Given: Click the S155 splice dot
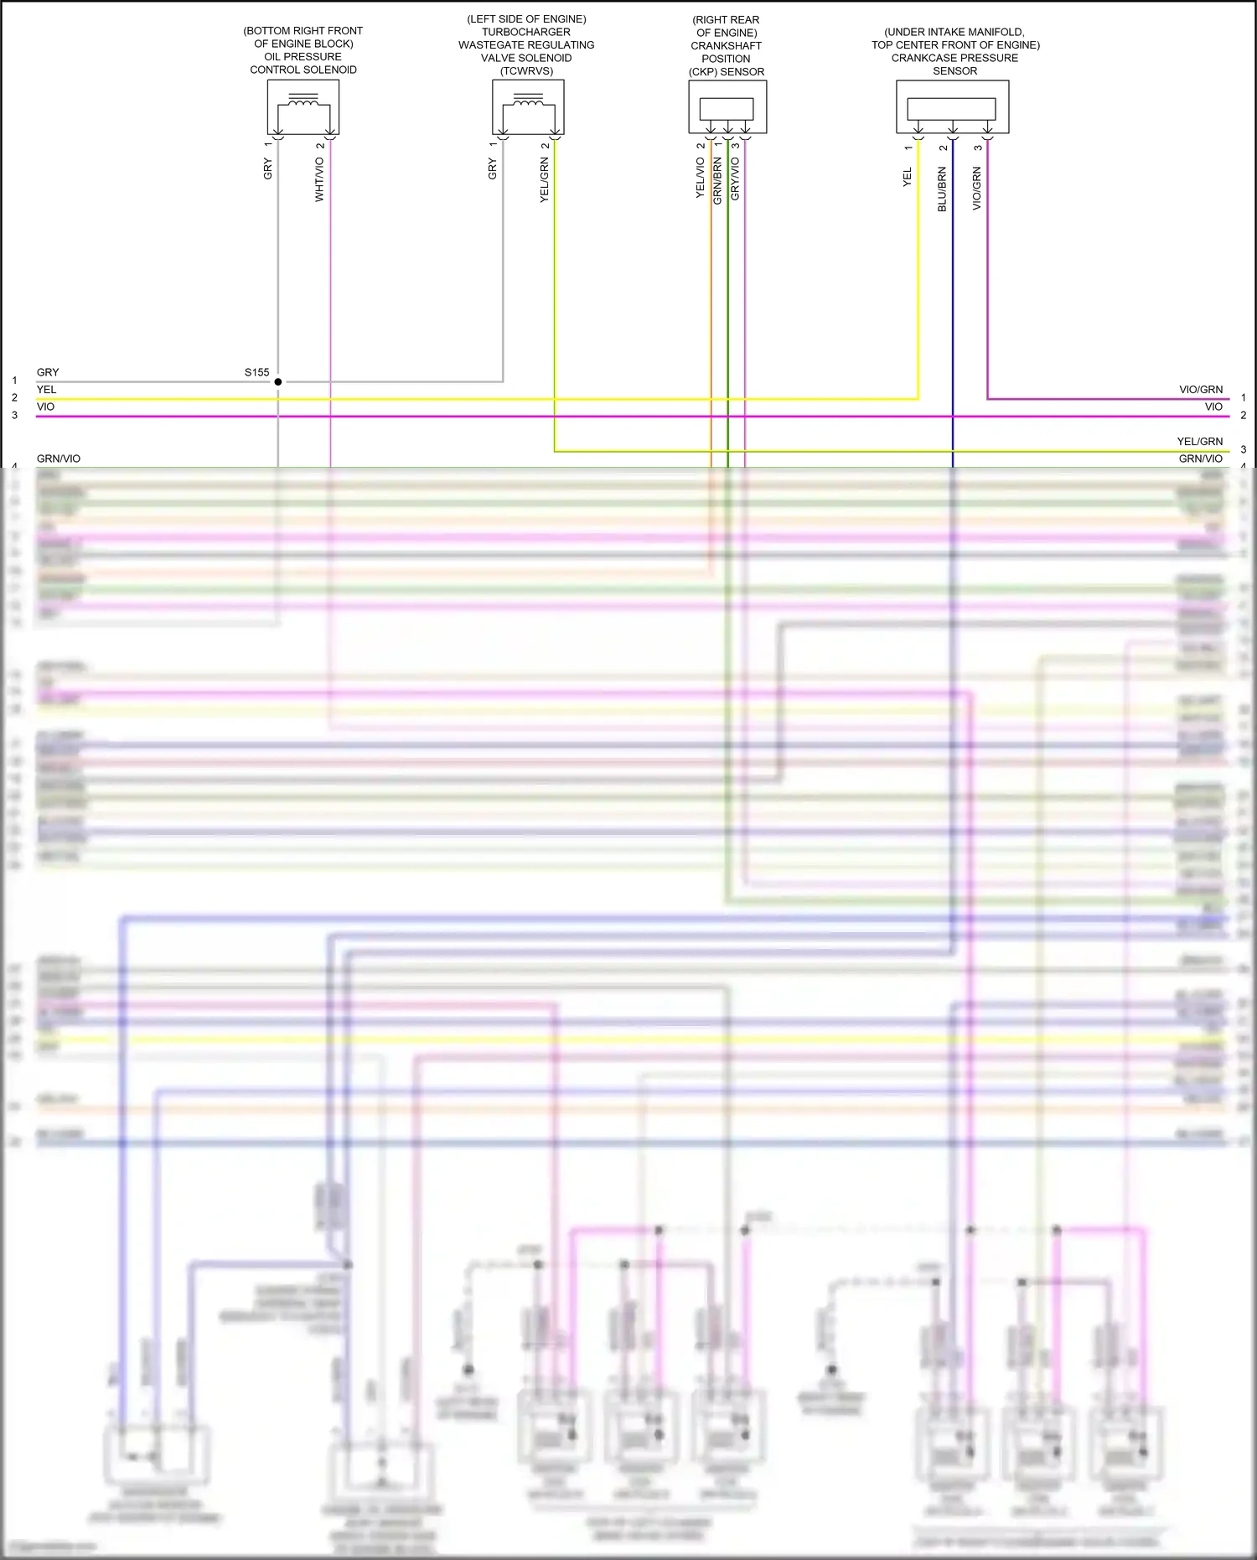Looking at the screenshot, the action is (278, 381).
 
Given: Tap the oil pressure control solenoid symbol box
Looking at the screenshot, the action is (303, 106).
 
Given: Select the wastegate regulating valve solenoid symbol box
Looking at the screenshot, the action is (528, 106).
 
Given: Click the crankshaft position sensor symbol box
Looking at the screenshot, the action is (727, 106).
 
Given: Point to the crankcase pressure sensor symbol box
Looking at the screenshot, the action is (952, 106).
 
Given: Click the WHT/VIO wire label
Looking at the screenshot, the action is (319, 179).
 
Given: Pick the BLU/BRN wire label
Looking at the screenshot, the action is (942, 189).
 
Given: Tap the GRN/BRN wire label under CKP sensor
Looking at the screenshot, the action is (717, 180).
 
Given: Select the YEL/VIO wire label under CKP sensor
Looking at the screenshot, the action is (700, 179).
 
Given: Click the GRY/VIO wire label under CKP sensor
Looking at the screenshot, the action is (735, 179).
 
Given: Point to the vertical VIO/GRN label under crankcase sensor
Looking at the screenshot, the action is (976, 188).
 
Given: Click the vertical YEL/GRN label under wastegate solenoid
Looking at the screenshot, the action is (544, 180).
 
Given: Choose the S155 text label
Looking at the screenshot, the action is (257, 372).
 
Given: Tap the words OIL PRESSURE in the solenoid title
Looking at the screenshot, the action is (303, 57).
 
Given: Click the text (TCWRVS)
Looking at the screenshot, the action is (526, 71).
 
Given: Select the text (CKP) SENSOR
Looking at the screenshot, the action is (727, 72).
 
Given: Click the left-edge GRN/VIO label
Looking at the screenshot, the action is (59, 459).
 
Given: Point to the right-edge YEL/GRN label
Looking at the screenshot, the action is (1199, 441).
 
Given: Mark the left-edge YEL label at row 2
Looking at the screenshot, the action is (47, 390).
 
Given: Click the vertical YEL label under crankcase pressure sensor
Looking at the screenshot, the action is (907, 177).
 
